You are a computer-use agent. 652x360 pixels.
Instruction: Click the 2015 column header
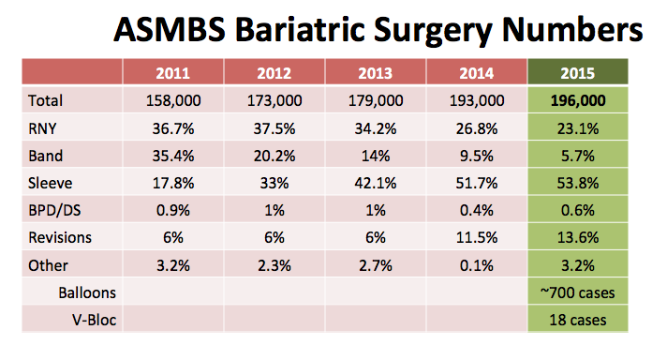point(578,73)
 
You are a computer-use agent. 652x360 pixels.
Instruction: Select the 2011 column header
point(173,73)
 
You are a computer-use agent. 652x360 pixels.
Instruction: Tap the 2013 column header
point(375,73)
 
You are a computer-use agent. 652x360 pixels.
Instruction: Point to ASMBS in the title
point(170,30)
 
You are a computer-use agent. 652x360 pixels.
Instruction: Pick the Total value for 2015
point(578,100)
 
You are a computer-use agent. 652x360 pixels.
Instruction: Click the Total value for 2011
point(173,100)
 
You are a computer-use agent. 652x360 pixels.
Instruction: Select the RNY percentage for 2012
point(274,128)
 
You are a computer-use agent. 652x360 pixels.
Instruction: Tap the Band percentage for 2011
point(173,156)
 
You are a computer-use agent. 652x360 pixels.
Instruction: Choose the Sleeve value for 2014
point(477,183)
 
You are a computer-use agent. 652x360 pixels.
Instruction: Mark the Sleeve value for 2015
point(578,183)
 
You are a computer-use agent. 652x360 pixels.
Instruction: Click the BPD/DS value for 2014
point(477,210)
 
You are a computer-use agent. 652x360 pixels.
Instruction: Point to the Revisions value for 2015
point(578,237)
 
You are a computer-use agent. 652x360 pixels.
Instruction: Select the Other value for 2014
point(477,265)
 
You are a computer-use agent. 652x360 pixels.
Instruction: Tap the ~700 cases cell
point(578,292)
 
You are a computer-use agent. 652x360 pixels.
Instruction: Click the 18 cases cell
point(578,320)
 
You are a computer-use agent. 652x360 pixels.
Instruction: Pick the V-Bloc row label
point(94,320)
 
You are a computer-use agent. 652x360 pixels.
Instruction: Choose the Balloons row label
point(87,292)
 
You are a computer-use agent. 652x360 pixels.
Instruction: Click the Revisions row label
point(60,237)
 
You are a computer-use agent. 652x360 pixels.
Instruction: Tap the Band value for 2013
point(376,156)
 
